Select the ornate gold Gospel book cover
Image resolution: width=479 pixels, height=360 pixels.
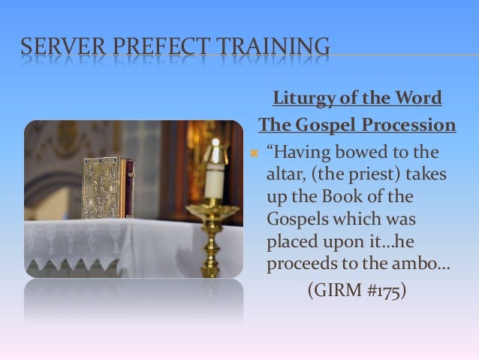[102, 187]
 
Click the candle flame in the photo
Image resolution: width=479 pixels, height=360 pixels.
[215, 144]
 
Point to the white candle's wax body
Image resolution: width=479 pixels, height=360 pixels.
[215, 183]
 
